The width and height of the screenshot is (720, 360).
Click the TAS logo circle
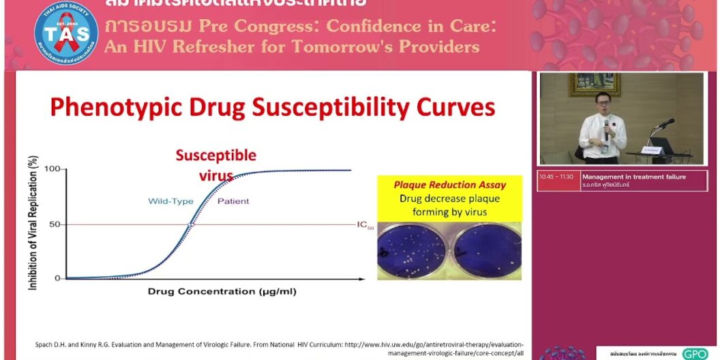(x=66, y=33)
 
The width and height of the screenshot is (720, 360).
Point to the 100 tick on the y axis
(x=52, y=169)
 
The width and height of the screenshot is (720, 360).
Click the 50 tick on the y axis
(x=55, y=224)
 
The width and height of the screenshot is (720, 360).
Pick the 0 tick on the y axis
(x=57, y=278)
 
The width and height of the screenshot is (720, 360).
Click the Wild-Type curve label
(x=171, y=201)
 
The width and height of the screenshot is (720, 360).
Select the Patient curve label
(x=233, y=201)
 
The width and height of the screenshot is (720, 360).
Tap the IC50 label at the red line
(x=365, y=225)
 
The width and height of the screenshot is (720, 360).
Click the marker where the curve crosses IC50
(x=191, y=224)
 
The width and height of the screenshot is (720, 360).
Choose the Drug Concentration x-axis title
(x=222, y=292)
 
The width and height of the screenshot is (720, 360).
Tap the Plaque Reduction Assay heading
(x=450, y=185)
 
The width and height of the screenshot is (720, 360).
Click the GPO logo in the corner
(x=695, y=354)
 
